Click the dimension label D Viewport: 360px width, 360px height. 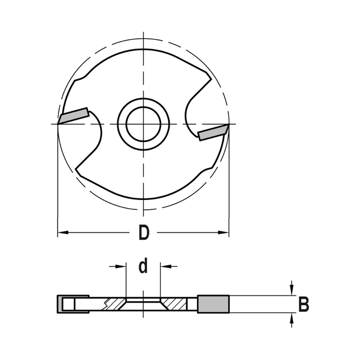[x=144, y=233]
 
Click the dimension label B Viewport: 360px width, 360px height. [x=304, y=305]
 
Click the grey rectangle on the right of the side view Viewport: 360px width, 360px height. [x=213, y=304]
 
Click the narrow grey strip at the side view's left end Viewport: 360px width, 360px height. [x=59, y=304]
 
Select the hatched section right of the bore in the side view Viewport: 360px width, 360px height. [x=174, y=303]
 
